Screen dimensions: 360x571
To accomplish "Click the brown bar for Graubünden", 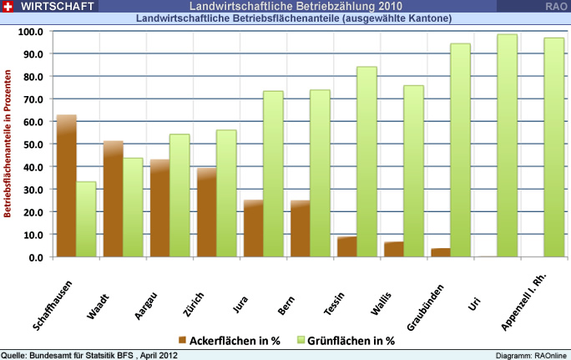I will [x=442, y=252].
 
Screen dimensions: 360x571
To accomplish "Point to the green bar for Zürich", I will [x=226, y=193].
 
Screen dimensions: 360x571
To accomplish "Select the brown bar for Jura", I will [x=254, y=228].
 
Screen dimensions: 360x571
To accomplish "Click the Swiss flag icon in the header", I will [x=8, y=6].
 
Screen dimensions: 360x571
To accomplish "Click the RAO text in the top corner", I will [x=555, y=6].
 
